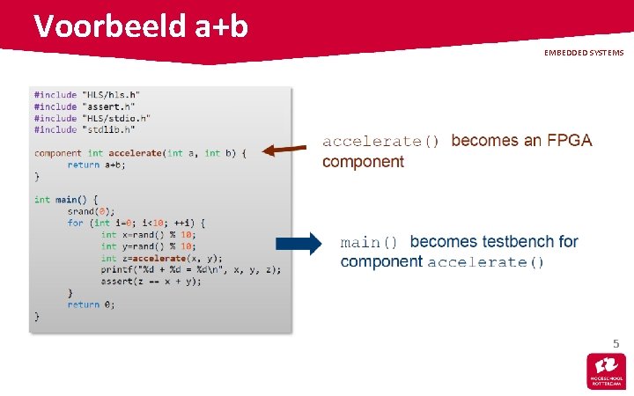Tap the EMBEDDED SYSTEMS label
[583, 53]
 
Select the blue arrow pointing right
[299, 246]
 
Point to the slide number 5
[616, 343]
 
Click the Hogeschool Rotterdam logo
[606, 371]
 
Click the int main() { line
[66, 200]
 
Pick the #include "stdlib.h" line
[85, 129]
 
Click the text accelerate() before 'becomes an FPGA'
[380, 142]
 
